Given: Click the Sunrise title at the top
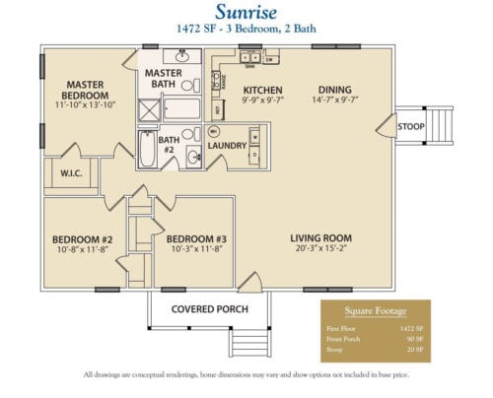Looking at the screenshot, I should (245, 13).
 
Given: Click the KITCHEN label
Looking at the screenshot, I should (263, 89).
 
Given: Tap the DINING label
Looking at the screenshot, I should (330, 89).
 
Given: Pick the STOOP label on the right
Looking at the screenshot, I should (411, 127).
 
